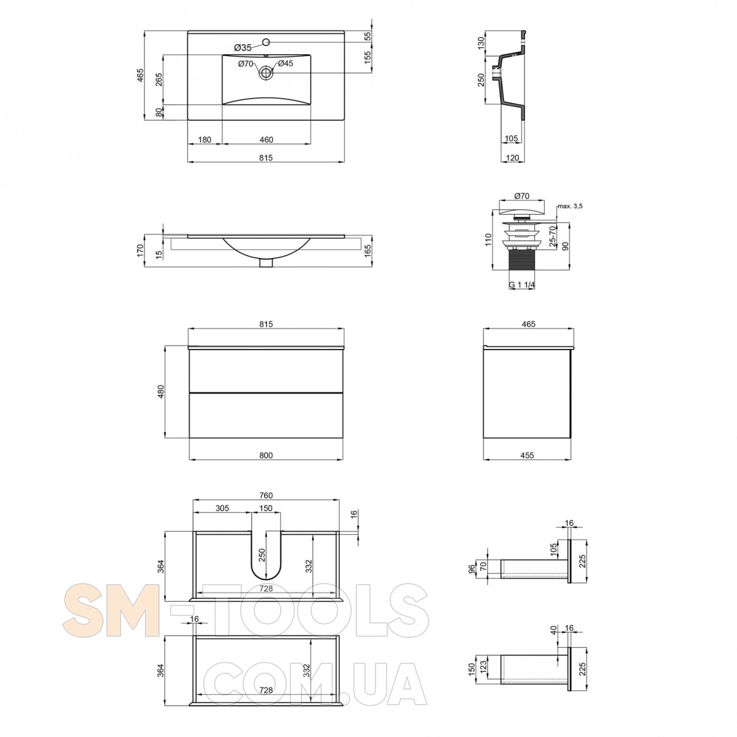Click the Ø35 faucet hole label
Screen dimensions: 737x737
pyautogui.click(x=243, y=47)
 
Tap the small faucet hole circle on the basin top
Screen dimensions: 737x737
pyautogui.click(x=266, y=41)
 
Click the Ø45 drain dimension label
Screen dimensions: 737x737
pyautogui.click(x=285, y=63)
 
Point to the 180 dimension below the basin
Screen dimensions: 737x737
pyautogui.click(x=205, y=139)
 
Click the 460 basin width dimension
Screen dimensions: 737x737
pyautogui.click(x=266, y=139)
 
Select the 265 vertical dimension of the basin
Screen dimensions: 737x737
pyautogui.click(x=159, y=80)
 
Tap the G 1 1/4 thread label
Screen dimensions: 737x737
pyautogui.click(x=521, y=284)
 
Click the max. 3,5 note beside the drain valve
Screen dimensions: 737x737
pyautogui.click(x=570, y=206)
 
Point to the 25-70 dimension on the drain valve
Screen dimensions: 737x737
pyautogui.click(x=552, y=236)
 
